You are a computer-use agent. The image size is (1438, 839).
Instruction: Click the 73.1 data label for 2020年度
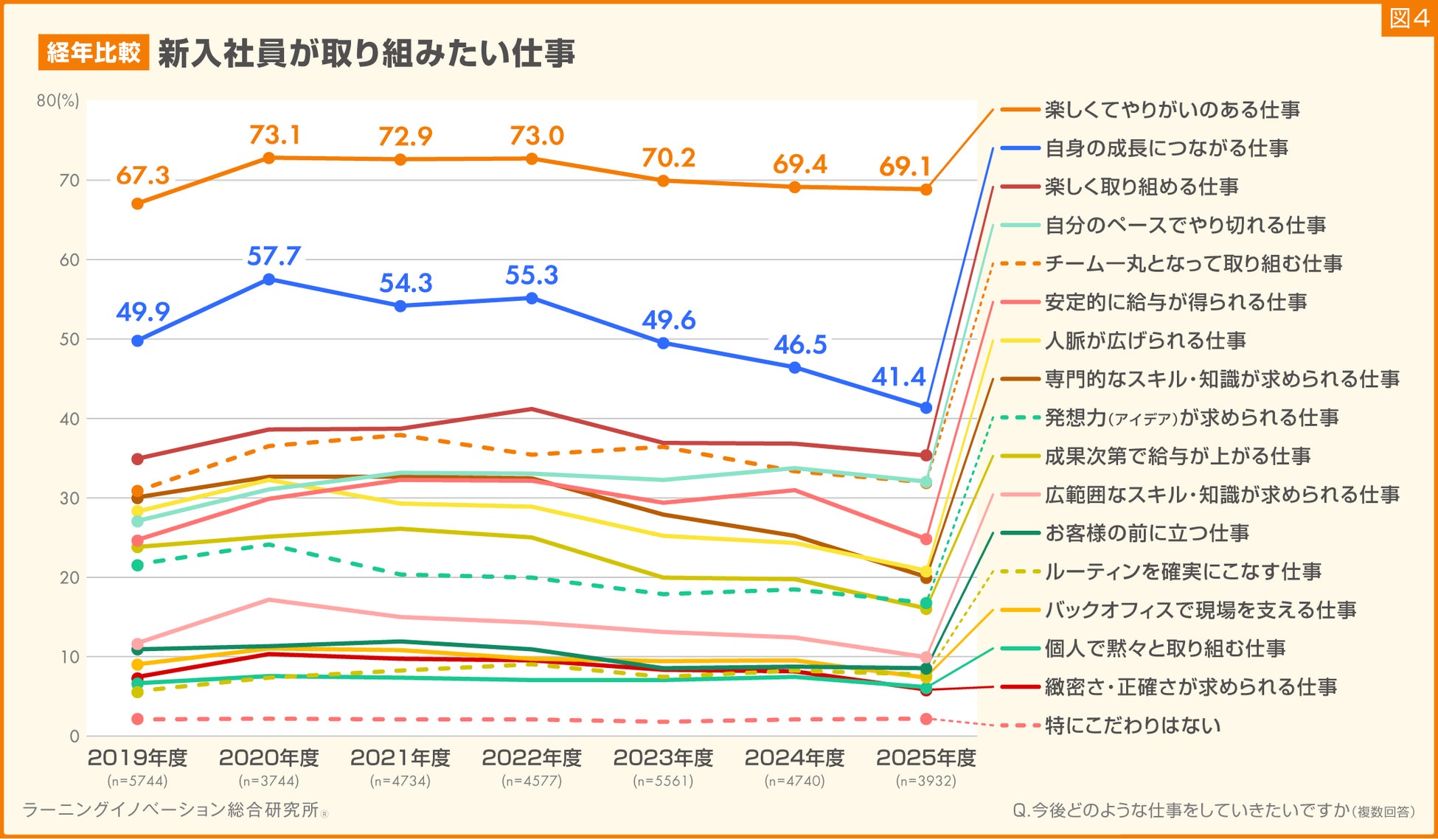274,136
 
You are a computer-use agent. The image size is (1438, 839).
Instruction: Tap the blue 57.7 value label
274,257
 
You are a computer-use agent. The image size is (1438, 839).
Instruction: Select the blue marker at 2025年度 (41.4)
926,407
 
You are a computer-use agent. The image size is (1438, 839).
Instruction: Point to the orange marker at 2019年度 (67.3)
137,203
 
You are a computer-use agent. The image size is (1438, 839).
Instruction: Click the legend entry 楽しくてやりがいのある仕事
1172,111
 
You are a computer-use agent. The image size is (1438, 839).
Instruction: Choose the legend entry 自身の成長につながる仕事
1166,149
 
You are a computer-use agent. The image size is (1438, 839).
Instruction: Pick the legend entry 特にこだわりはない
1132,726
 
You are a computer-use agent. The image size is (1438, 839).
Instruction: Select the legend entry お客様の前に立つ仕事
1147,534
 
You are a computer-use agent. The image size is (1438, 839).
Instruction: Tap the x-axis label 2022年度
532,758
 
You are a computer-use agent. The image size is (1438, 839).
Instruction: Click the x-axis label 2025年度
926,758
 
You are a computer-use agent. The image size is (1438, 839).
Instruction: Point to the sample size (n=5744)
137,781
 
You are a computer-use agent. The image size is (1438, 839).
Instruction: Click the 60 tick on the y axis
69,260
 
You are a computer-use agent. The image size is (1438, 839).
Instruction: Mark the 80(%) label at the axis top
58,101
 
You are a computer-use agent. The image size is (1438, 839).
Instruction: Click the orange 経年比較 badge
94,53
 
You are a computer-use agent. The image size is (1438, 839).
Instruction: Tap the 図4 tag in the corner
1409,18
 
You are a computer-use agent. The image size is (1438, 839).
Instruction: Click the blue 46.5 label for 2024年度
800,345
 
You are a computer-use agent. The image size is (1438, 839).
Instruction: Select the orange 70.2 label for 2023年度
668,159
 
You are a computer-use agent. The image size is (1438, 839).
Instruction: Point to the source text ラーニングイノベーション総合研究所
171,810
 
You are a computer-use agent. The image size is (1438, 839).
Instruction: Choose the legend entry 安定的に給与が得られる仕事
1175,303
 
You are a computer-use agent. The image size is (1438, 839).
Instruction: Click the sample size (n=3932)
926,781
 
